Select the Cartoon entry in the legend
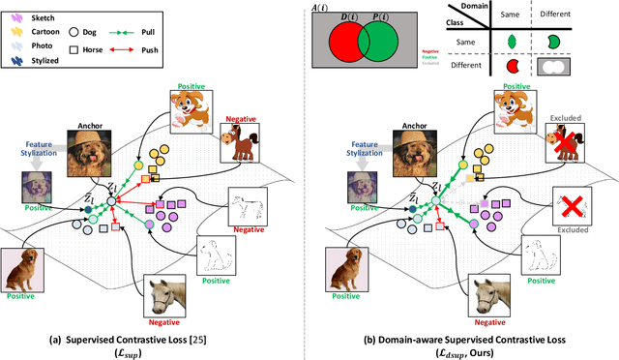36,30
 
